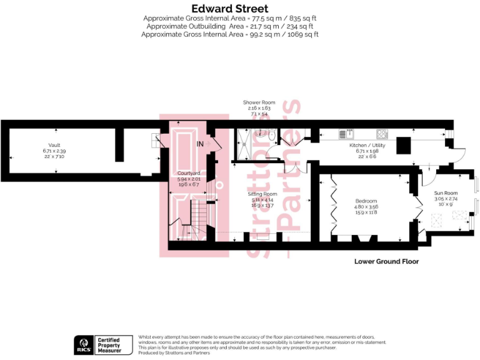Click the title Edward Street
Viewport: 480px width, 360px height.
(229, 9)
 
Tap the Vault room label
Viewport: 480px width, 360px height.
(54, 144)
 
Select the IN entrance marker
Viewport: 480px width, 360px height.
(200, 144)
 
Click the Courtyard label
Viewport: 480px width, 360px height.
(188, 173)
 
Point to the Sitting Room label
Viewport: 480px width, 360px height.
(262, 194)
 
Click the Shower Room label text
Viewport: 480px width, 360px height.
(259, 102)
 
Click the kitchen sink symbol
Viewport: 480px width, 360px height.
(346, 134)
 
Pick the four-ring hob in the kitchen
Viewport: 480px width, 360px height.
(382, 134)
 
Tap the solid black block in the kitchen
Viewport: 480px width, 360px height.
(404, 145)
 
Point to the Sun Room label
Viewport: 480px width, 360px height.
(446, 193)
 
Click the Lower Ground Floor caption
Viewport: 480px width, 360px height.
(386, 261)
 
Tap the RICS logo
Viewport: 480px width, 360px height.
(84, 344)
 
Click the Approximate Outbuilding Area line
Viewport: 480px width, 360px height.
(229, 27)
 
